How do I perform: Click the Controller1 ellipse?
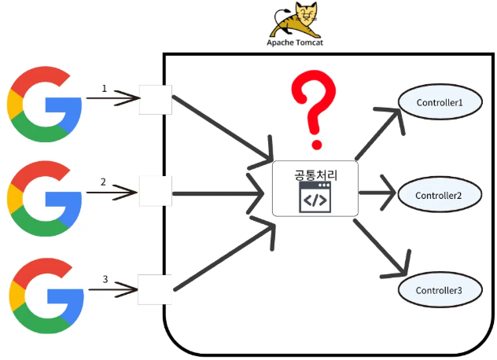point(440,102)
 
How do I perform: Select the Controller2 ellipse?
point(440,195)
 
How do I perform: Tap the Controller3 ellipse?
point(440,289)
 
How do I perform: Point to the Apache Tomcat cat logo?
point(294,20)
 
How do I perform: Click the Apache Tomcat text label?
point(295,42)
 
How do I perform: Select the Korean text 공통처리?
point(315,175)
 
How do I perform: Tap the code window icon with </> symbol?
point(315,197)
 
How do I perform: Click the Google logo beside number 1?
point(44,105)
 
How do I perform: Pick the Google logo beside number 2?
point(44,198)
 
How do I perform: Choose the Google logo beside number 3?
point(46,296)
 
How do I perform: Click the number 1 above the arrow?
point(105,88)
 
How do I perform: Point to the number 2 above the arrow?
point(103,182)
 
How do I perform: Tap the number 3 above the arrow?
point(105,279)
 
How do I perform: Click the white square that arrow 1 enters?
point(156,100)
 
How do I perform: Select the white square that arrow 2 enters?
point(156,191)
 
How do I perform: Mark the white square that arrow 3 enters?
point(155,289)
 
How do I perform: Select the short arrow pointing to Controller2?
point(377,193)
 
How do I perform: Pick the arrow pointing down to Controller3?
point(381,248)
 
